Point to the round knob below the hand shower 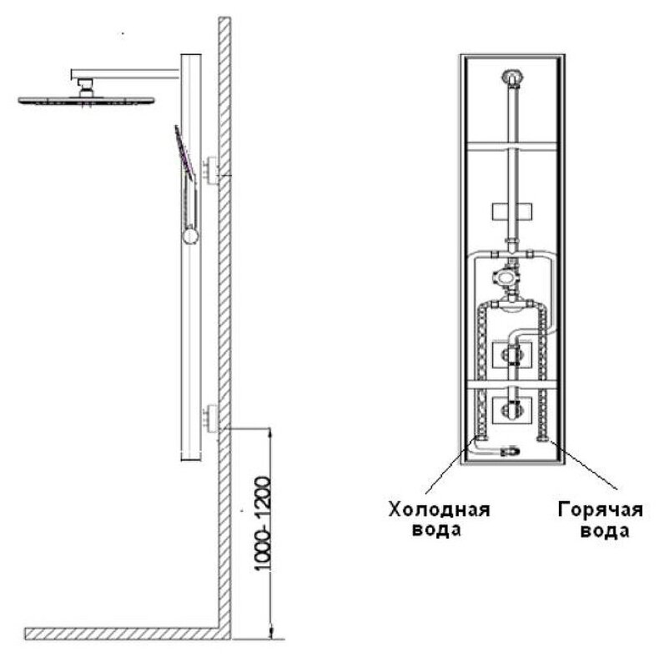pyautogui.click(x=191, y=237)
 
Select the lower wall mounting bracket pyautogui.click(x=211, y=418)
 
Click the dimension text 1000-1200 pyautogui.click(x=263, y=524)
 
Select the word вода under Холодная pyautogui.click(x=439, y=529)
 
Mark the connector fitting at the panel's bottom pyautogui.click(x=508, y=452)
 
